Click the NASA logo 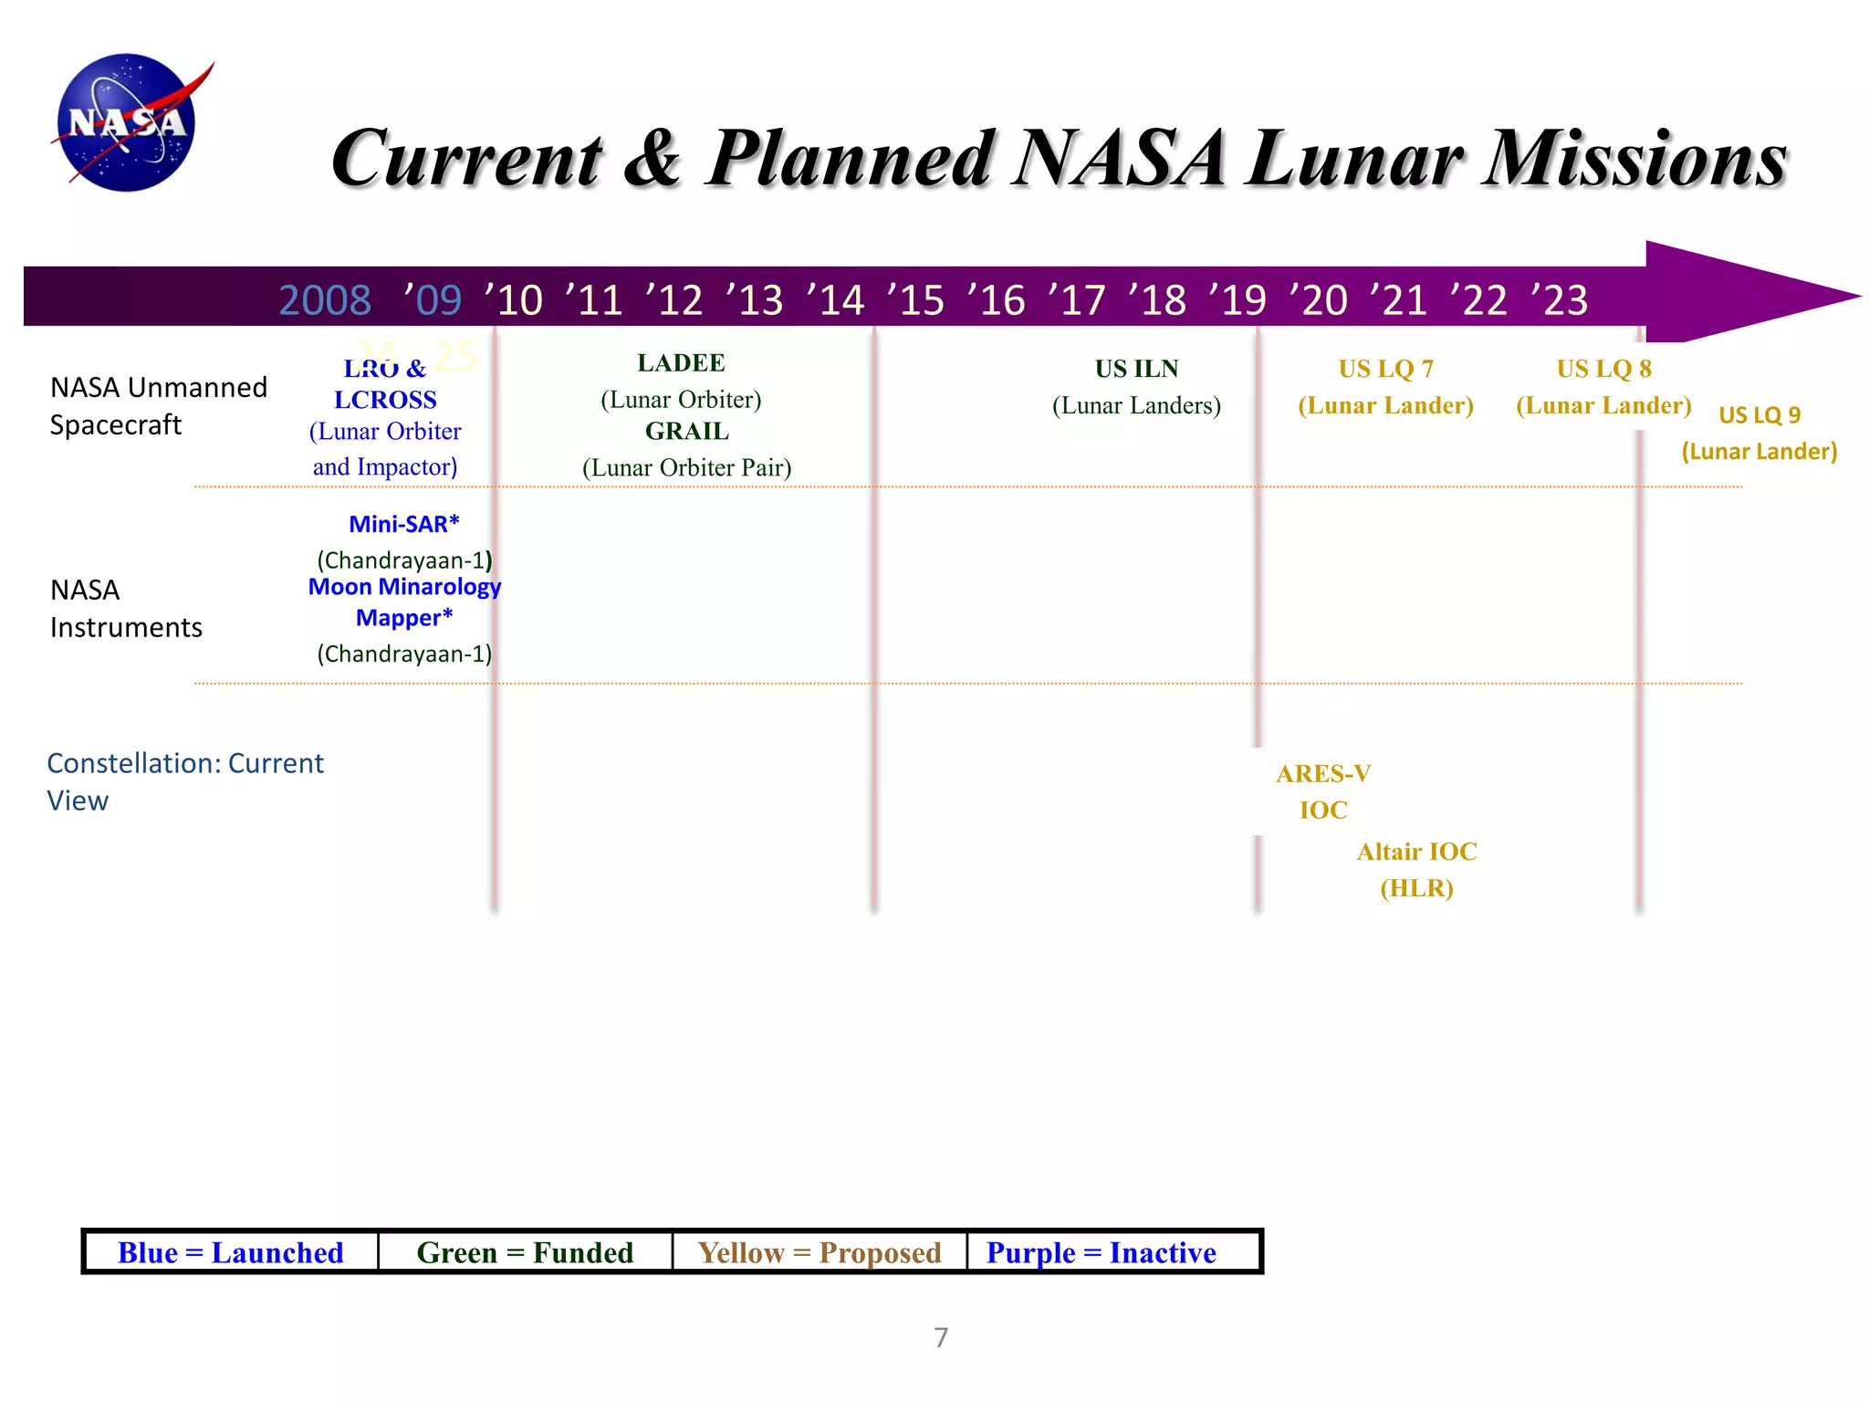pyautogui.click(x=128, y=122)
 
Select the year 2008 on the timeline pyautogui.click(x=325, y=300)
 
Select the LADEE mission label pyautogui.click(x=681, y=363)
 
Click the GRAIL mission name pyautogui.click(x=686, y=431)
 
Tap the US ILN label pyautogui.click(x=1136, y=369)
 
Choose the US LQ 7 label pyautogui.click(x=1385, y=369)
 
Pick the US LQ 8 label pyautogui.click(x=1603, y=369)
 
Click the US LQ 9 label pyautogui.click(x=1759, y=415)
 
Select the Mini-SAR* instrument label pyautogui.click(x=403, y=524)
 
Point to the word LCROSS pyautogui.click(x=385, y=400)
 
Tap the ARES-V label pyautogui.click(x=1323, y=774)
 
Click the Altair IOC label pyautogui.click(x=1416, y=852)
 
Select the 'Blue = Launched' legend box pyautogui.click(x=231, y=1252)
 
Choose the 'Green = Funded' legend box pyautogui.click(x=525, y=1252)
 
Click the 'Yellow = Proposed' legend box pyautogui.click(x=820, y=1252)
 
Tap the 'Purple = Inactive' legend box pyautogui.click(x=1102, y=1252)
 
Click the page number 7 pyautogui.click(x=941, y=1337)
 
